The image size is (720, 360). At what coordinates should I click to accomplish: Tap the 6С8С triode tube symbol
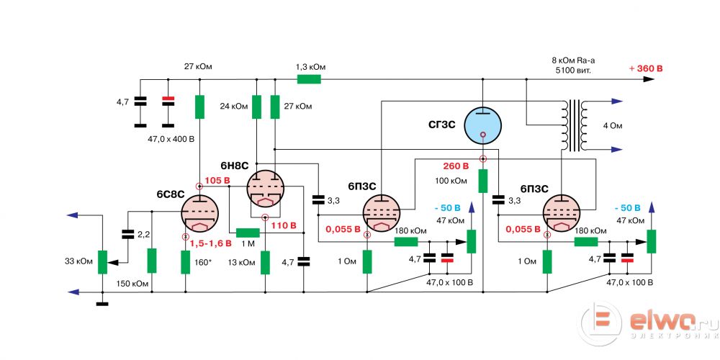point(199,214)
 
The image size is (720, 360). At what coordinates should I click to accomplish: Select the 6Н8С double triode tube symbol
point(264,189)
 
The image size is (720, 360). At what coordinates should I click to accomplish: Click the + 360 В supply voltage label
point(645,68)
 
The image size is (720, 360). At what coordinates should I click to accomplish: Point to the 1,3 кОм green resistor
point(307,78)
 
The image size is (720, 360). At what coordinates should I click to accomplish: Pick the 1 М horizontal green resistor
point(248,233)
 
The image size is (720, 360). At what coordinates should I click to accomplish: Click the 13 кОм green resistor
point(265,263)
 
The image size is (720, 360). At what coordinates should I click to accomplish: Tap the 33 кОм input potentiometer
point(102,261)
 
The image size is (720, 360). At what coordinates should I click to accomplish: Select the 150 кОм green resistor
point(152,261)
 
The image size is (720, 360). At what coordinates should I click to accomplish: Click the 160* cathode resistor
point(186,262)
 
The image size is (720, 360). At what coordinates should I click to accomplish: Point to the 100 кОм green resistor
point(483,181)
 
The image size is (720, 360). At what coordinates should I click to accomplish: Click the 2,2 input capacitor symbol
point(128,234)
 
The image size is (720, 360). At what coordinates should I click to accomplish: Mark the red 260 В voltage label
point(456,166)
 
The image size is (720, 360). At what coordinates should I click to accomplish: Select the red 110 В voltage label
point(284,226)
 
